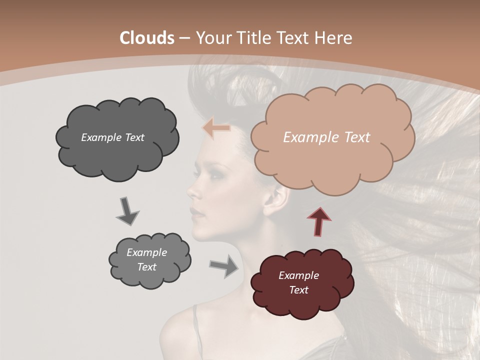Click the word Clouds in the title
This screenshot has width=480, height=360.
coord(147,38)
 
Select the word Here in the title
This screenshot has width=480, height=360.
coord(334,38)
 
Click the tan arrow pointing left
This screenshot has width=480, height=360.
coord(216,128)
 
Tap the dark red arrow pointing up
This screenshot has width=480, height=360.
coord(319,221)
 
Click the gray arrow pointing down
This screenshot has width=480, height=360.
coord(127,211)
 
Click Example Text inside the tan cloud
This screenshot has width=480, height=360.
coord(326,137)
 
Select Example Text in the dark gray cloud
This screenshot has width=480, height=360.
coord(112,137)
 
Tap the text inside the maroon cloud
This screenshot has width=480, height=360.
coord(298,282)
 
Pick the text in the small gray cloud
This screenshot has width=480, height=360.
coord(146,259)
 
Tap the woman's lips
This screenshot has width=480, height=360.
coord(197,211)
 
